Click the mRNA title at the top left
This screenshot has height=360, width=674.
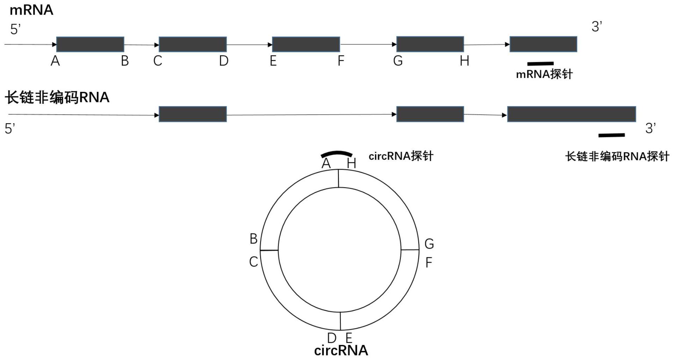[x=31, y=10]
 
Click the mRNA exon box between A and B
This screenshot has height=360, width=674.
[x=90, y=44]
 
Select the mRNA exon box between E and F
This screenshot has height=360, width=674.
[x=306, y=44]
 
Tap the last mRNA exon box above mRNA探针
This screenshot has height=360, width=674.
[x=543, y=44]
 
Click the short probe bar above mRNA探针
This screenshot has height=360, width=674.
[x=540, y=64]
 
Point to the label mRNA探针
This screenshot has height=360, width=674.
[x=544, y=74]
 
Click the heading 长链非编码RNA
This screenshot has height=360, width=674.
[x=57, y=97]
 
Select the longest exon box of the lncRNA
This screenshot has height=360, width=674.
[x=571, y=114]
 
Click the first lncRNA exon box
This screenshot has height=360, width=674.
[x=193, y=114]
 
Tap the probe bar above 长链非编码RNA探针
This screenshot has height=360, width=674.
[x=611, y=135]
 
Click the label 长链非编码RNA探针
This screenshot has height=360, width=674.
[x=617, y=156]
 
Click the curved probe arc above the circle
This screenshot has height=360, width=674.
[x=337, y=153]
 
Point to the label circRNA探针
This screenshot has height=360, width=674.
[x=401, y=156]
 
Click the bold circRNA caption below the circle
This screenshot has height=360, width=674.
[x=341, y=351]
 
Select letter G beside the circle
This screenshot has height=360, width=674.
[x=429, y=244]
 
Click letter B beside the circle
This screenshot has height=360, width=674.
[x=254, y=239]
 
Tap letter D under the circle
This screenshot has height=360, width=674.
[x=332, y=338]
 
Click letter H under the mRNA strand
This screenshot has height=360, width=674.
[x=464, y=61]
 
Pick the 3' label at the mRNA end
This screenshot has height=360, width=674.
[x=597, y=27]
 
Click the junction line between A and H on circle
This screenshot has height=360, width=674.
[x=338, y=178]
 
